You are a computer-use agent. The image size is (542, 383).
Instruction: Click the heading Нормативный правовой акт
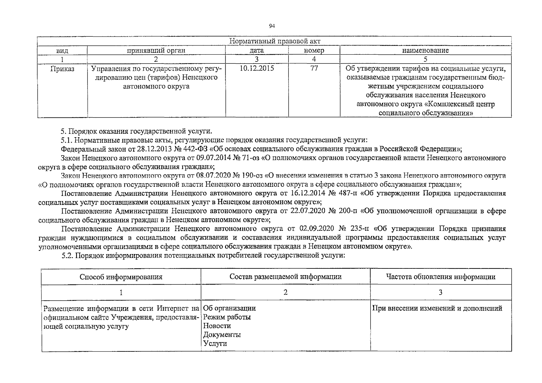coord(275,41)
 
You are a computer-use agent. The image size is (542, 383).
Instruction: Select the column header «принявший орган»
coord(156,50)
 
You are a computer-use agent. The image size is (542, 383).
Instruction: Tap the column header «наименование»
coord(425,50)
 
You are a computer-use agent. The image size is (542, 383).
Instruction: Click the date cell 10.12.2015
coord(257,68)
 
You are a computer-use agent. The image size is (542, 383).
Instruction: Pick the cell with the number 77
coord(314,68)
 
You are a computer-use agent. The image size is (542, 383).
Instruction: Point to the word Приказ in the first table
coord(62,69)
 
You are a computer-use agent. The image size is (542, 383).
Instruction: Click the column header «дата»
coord(257,50)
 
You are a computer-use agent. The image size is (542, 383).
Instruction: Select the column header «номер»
coord(314,50)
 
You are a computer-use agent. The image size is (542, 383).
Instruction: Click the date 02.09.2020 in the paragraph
coord(317,229)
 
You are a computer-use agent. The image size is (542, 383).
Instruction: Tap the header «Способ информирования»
coord(121,277)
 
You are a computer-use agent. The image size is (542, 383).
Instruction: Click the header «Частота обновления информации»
coord(440,277)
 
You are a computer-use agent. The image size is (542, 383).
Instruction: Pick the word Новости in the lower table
coord(217,326)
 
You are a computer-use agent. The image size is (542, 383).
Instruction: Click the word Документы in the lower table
coord(222,335)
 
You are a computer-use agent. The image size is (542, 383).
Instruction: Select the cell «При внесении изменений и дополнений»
coord(437,308)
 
